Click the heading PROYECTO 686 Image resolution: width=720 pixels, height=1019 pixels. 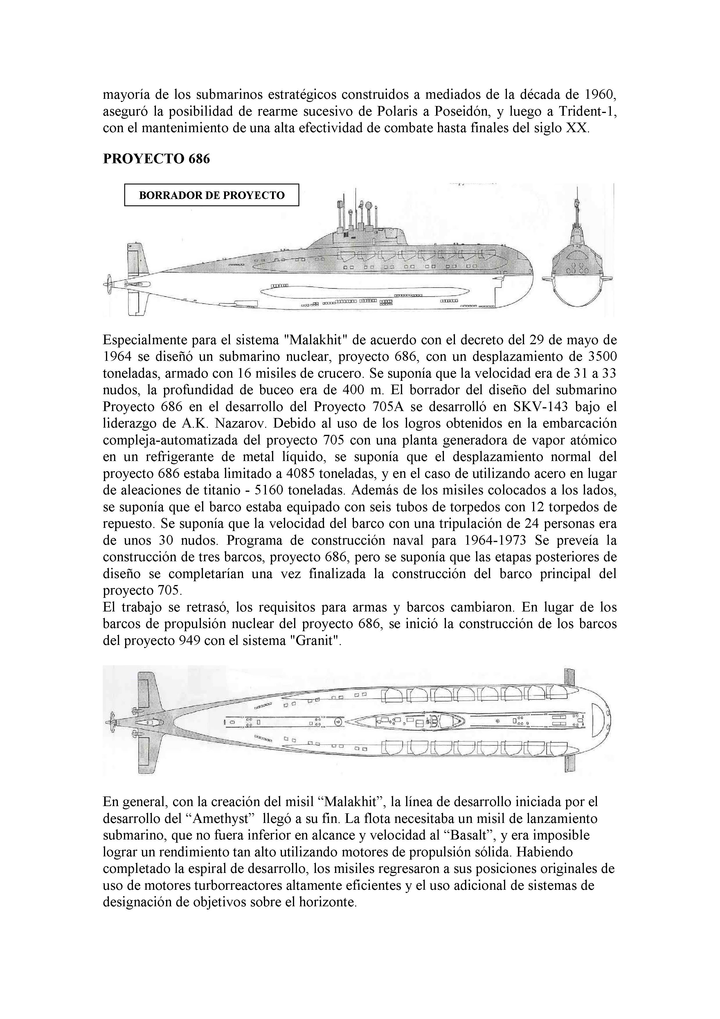156,158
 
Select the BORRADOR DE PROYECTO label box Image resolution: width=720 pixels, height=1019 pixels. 212,195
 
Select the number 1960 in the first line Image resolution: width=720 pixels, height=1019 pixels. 599,94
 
